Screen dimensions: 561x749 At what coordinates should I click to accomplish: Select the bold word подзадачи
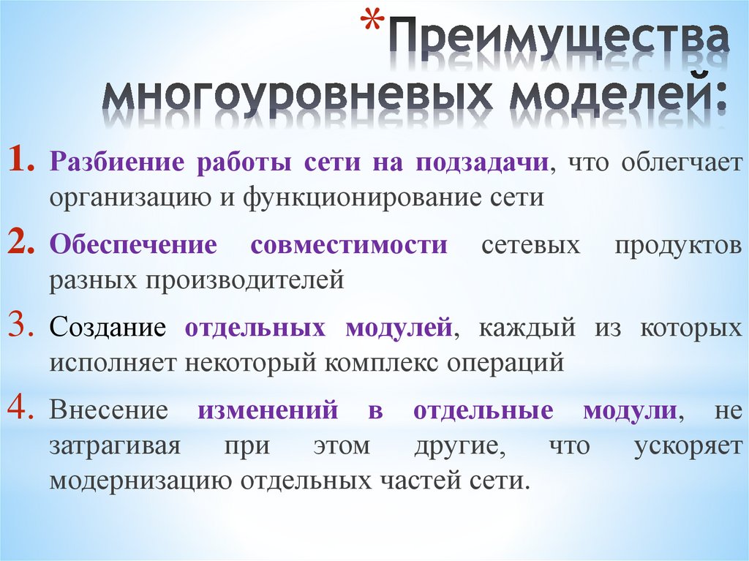[x=483, y=162]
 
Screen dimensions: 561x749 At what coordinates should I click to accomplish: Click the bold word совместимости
[x=349, y=245]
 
